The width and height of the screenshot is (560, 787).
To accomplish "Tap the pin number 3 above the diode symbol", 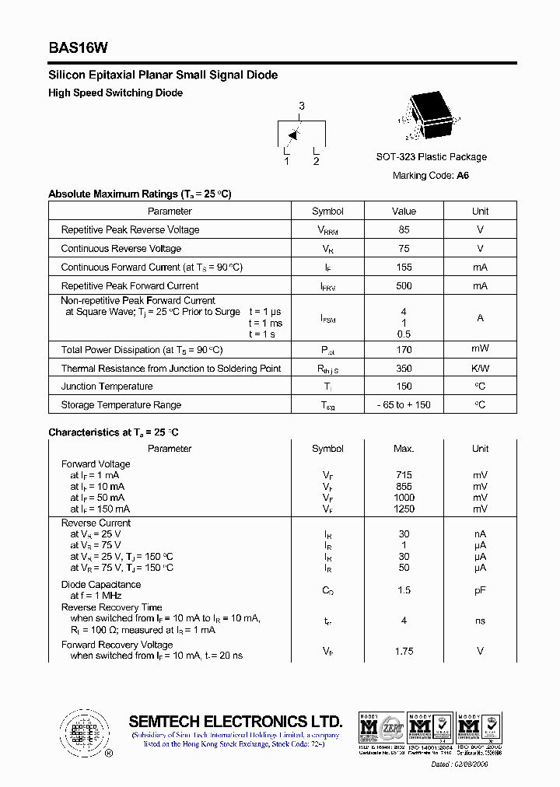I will (x=302, y=106).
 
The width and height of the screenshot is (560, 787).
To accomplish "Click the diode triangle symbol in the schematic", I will (x=293, y=134).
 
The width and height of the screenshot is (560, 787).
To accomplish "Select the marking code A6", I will (x=463, y=176).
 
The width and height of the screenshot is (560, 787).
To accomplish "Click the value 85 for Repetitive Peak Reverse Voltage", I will (x=404, y=230).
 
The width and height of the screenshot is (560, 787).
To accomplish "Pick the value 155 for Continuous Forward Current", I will (x=404, y=268).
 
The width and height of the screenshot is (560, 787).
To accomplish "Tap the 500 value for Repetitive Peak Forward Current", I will (x=404, y=286).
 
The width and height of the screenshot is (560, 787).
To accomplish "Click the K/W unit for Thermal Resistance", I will (x=480, y=369).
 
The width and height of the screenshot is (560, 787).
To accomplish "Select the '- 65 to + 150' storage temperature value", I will (x=404, y=405).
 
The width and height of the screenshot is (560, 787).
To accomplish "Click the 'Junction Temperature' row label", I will (x=107, y=387).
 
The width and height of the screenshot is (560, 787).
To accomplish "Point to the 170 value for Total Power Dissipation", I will (x=404, y=350).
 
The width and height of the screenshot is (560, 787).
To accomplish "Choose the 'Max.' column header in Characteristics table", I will (x=404, y=449).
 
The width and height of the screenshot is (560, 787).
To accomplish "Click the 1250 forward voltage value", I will (x=404, y=509).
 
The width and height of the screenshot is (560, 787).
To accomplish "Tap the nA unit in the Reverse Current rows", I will (x=480, y=534).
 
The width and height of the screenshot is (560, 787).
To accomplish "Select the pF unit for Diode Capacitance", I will (x=480, y=591).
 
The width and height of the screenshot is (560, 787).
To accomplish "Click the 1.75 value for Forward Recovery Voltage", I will (x=404, y=651).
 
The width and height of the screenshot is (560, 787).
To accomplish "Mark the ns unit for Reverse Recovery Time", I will (x=480, y=621).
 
